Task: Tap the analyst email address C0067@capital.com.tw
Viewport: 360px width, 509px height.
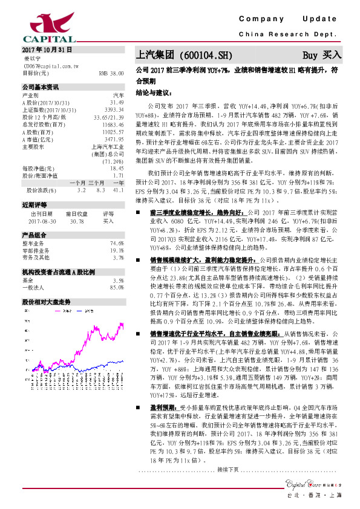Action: (48, 65)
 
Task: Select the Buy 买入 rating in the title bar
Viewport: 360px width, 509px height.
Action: (323, 56)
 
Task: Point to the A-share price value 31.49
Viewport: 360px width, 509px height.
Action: (116, 103)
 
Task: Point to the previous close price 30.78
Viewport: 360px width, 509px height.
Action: (77, 221)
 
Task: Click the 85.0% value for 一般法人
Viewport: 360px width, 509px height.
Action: (117, 287)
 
